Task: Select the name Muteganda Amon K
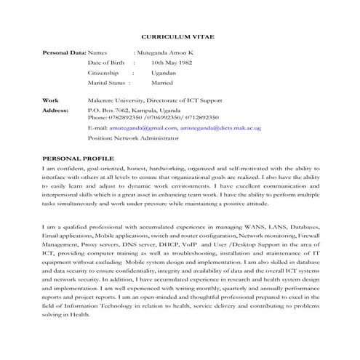169,53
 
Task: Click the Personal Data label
64,53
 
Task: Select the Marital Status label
109,84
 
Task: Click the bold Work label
50,100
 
